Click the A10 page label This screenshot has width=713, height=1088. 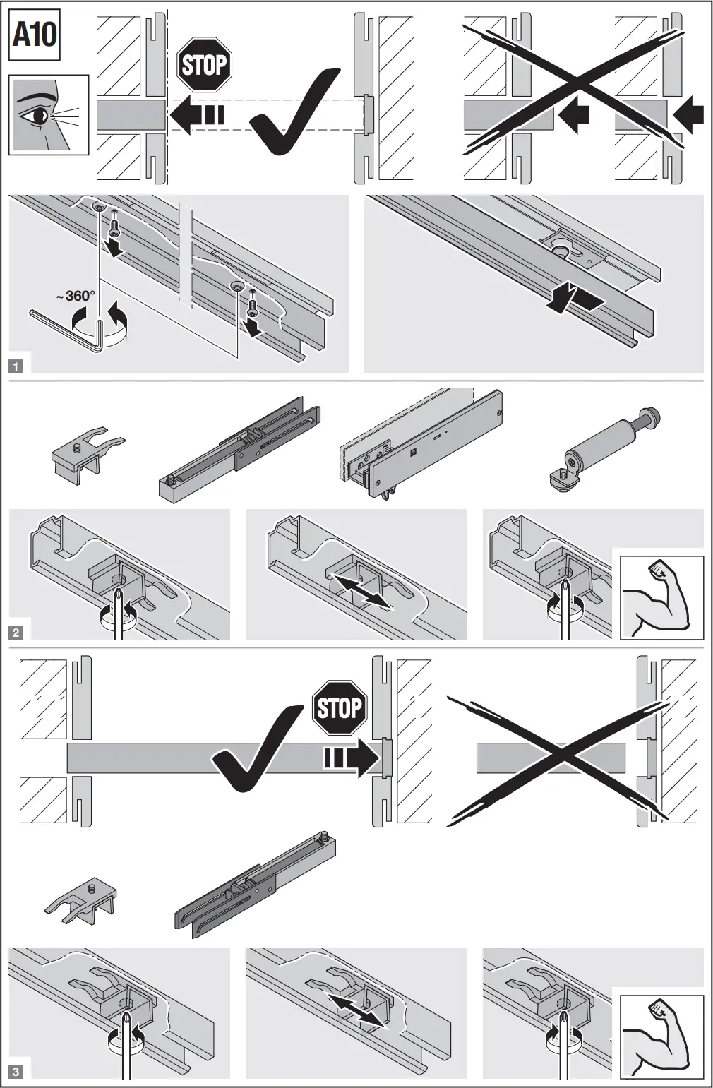click(x=35, y=35)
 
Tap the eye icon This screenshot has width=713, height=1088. click(x=49, y=114)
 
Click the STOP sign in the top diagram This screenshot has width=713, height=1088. click(x=204, y=65)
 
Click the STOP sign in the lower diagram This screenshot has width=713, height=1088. click(x=340, y=707)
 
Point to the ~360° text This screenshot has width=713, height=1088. click(x=76, y=295)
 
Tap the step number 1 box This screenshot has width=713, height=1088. click(x=16, y=366)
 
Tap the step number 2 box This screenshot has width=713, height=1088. click(x=16, y=632)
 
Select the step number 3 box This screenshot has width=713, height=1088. click(x=16, y=1072)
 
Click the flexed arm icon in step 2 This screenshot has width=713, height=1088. click(x=661, y=597)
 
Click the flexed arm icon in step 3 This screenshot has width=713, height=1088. click(x=661, y=1036)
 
